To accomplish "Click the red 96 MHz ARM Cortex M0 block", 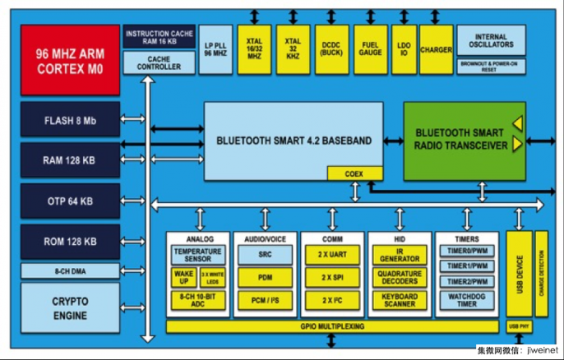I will click(71, 59).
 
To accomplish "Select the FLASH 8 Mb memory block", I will click(71, 120).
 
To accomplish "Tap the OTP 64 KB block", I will click(71, 201).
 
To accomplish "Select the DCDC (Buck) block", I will click(331, 50).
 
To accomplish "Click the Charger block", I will click(436, 50).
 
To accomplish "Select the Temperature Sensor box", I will click(197, 255).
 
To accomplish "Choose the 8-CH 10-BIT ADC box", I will click(197, 301).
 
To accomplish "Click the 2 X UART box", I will click(331, 255).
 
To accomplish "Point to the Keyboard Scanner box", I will click(400, 301).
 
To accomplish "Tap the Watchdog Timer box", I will click(467, 301).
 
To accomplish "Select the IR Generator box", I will click(400, 255).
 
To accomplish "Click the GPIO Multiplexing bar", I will click(333, 326).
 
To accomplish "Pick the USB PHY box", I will click(520, 327).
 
